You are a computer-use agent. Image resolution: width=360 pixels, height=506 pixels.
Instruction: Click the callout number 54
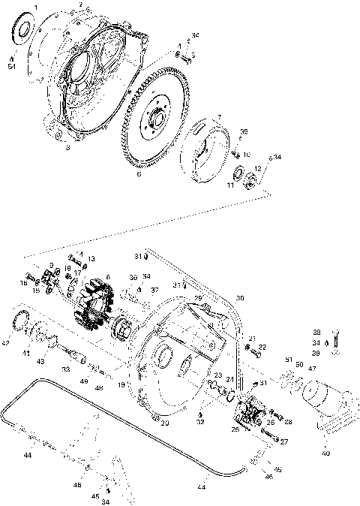(12, 67)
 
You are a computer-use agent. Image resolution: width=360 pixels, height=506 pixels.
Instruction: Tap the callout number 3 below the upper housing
(68, 148)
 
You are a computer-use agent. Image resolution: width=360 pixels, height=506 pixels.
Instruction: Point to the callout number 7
(218, 116)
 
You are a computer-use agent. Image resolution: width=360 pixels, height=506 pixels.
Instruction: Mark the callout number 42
(6, 343)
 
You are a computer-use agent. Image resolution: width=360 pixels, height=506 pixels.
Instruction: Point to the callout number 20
(165, 423)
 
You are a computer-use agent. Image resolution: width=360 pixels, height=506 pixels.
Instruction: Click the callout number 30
(240, 298)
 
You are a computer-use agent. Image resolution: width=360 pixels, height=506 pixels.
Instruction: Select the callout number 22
(262, 347)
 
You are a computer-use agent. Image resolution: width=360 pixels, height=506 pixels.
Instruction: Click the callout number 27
(284, 442)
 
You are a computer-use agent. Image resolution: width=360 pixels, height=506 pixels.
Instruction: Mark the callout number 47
(313, 369)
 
